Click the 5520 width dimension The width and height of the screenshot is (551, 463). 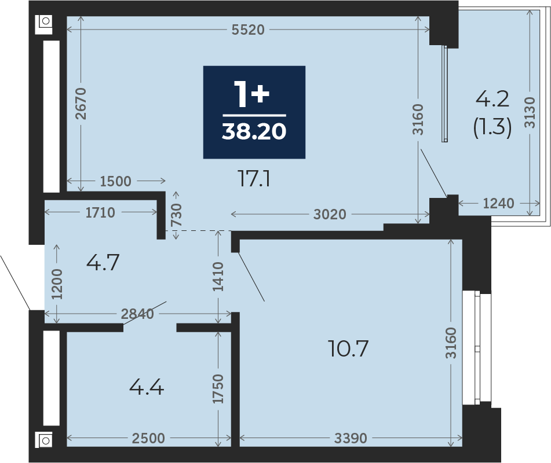click(x=248, y=30)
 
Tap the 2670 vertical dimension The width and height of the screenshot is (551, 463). click(x=81, y=104)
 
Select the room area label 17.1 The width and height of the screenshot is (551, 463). click(x=254, y=178)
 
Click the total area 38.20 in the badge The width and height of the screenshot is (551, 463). click(x=254, y=131)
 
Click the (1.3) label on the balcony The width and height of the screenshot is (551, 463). click(x=492, y=126)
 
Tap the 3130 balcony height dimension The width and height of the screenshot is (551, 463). click(x=529, y=113)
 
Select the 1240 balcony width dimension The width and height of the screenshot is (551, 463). click(x=498, y=203)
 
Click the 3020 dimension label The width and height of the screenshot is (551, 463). click(x=330, y=214)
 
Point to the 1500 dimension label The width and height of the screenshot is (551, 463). click(x=116, y=181)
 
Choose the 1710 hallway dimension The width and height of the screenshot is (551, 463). click(x=100, y=212)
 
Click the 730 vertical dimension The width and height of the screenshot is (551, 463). click(x=176, y=215)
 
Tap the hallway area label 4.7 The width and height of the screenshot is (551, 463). click(x=103, y=263)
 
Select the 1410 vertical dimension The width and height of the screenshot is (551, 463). click(x=218, y=277)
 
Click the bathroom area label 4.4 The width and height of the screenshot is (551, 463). click(x=147, y=388)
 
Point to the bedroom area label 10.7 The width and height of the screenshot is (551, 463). click(x=348, y=348)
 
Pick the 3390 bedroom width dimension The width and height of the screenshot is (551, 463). click(x=351, y=438)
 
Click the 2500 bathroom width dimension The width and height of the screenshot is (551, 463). click(x=148, y=438)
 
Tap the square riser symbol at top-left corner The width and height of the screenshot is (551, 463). click(x=44, y=24)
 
